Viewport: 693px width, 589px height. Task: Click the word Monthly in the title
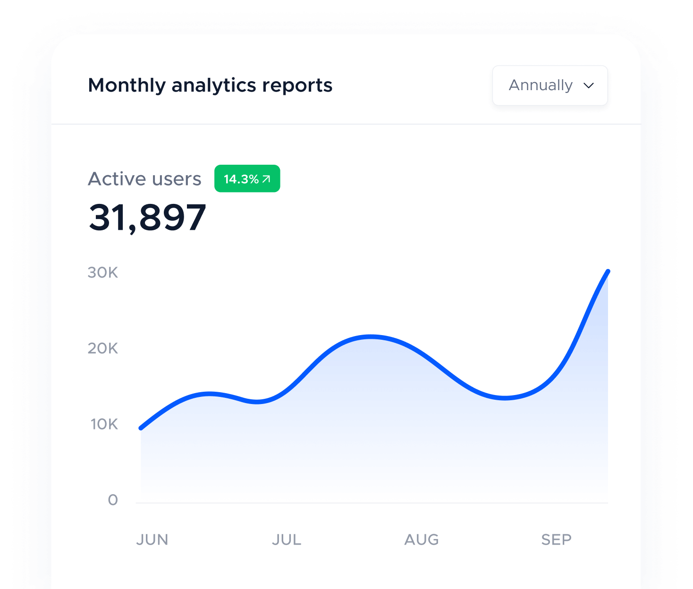[127, 85]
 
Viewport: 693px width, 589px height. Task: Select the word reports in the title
[297, 85]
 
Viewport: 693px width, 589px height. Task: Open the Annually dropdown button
[549, 85]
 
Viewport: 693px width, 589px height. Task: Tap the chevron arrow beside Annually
[588, 85]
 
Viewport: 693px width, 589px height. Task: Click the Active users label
[144, 179]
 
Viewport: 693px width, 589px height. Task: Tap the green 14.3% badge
[247, 179]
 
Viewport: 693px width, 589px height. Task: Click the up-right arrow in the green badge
[267, 179]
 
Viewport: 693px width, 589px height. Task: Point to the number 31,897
[147, 218]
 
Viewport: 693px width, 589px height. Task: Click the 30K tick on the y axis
[102, 273]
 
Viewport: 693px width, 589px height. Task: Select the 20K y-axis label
[102, 348]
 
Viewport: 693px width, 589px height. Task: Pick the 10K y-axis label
[104, 424]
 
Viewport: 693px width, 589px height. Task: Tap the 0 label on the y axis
[113, 500]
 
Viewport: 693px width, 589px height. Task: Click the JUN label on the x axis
[152, 539]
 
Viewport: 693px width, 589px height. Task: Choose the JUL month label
[287, 539]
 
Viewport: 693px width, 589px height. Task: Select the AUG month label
[422, 539]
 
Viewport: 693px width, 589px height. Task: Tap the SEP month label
[556, 539]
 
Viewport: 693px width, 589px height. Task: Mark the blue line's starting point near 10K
[141, 428]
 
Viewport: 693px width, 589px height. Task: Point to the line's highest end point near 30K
[608, 271]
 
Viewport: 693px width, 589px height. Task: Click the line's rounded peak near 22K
[372, 337]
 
